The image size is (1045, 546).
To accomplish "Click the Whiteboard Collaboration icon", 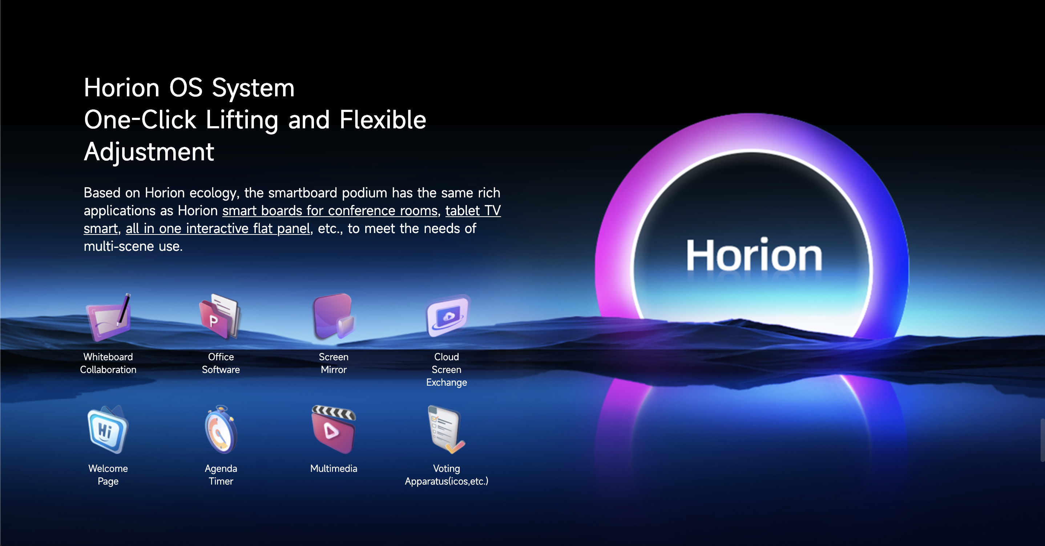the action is pyautogui.click(x=109, y=317).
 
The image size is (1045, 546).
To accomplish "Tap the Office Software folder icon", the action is pyautogui.click(x=220, y=317).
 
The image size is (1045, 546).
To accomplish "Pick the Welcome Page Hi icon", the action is pyautogui.click(x=108, y=429).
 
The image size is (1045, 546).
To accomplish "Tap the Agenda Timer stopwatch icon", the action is pyautogui.click(x=221, y=429).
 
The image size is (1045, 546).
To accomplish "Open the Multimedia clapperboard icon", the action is pyautogui.click(x=334, y=429).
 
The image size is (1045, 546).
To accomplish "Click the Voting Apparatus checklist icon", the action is pyautogui.click(x=446, y=429).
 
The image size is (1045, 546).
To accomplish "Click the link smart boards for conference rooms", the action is pyautogui.click(x=330, y=211).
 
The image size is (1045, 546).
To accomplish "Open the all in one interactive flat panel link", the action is pyautogui.click(x=218, y=229).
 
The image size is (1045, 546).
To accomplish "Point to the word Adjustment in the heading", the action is pyautogui.click(x=149, y=152).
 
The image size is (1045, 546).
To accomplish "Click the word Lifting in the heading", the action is pyautogui.click(x=242, y=120).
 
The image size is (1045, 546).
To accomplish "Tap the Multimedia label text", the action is pyautogui.click(x=334, y=469).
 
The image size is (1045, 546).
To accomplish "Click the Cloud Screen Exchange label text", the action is pyautogui.click(x=446, y=369).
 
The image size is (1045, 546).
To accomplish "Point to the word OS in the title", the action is pyautogui.click(x=185, y=88).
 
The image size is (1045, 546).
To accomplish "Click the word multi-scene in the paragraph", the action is pyautogui.click(x=118, y=246).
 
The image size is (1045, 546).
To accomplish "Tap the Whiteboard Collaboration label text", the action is pyautogui.click(x=108, y=363).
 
